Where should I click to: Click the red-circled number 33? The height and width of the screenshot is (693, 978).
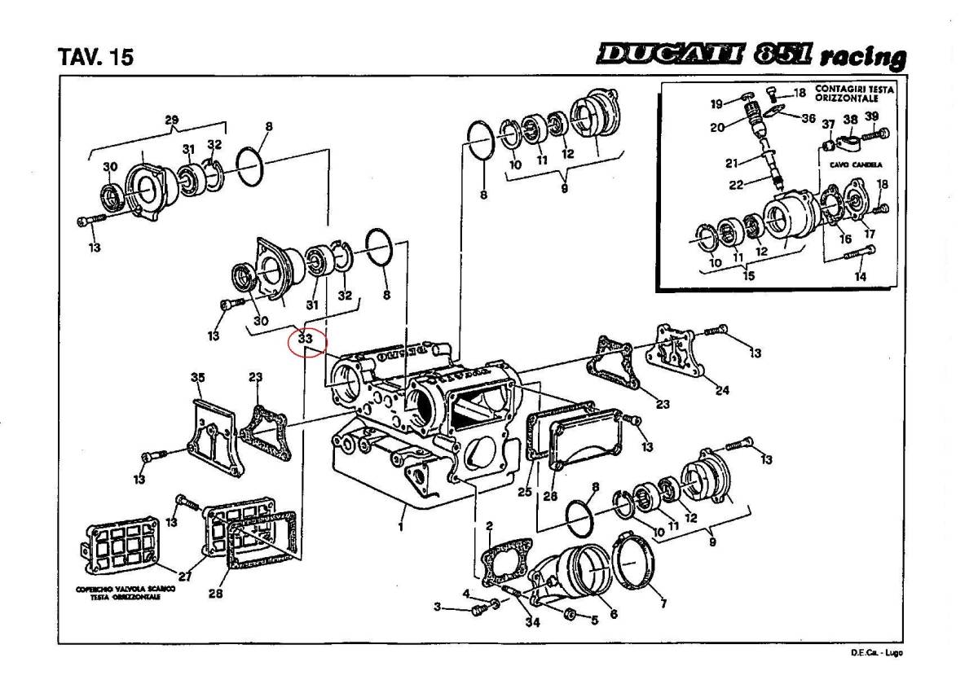pyautogui.click(x=306, y=337)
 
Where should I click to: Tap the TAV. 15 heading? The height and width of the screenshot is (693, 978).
pyautogui.click(x=96, y=59)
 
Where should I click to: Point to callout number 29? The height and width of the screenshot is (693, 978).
pyautogui.click(x=171, y=121)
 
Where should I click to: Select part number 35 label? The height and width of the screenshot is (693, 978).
pyautogui.click(x=197, y=377)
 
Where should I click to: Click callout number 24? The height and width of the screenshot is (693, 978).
pyautogui.click(x=722, y=390)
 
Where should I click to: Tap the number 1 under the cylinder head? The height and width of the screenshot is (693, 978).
pyautogui.click(x=400, y=526)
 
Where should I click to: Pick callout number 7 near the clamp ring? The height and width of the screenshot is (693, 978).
pyautogui.click(x=663, y=604)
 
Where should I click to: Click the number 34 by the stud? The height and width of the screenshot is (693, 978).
pyautogui.click(x=532, y=623)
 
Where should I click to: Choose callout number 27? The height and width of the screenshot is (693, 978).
pyautogui.click(x=185, y=577)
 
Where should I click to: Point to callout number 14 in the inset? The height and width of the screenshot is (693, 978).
pyautogui.click(x=860, y=276)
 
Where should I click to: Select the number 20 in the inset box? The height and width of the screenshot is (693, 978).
pyautogui.click(x=716, y=127)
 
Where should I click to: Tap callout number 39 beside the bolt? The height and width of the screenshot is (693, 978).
pyautogui.click(x=871, y=116)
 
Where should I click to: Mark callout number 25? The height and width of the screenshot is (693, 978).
pyautogui.click(x=524, y=492)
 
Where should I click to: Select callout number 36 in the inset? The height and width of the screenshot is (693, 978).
pyautogui.click(x=808, y=118)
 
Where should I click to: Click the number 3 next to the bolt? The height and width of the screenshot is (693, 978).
pyautogui.click(x=437, y=607)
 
